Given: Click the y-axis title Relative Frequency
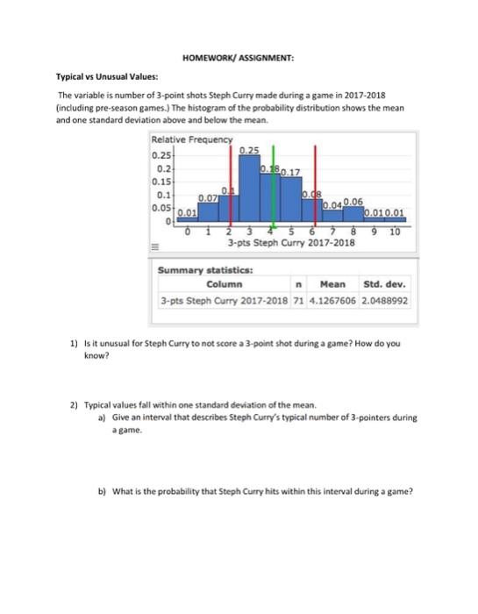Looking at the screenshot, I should click(x=192, y=139).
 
